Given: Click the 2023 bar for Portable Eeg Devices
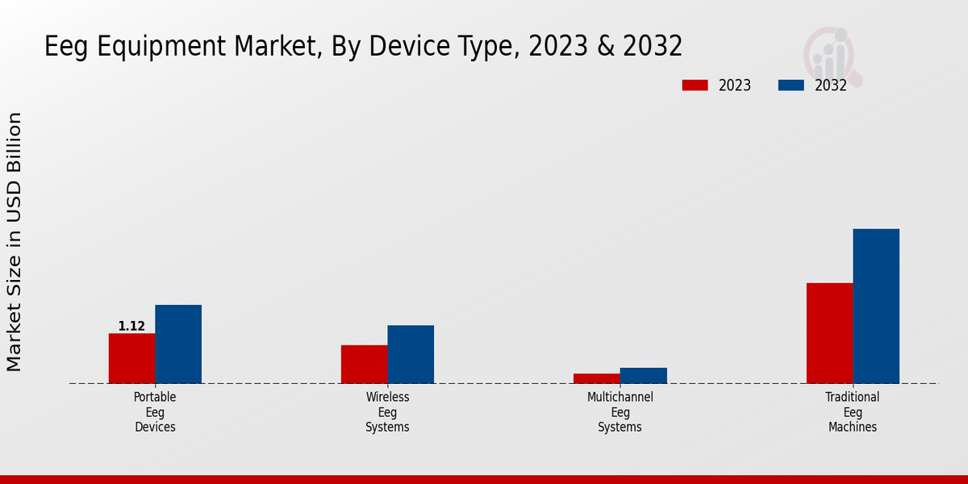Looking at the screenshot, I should [x=131, y=358].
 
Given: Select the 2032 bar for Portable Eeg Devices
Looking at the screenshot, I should [x=178, y=344].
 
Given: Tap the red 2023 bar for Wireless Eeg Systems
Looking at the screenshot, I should [x=364, y=364].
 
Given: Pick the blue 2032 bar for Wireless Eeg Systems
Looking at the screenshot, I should [x=411, y=354].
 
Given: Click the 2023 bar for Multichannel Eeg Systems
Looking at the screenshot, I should [x=597, y=378].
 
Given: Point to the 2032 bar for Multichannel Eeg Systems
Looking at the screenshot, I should [x=644, y=375].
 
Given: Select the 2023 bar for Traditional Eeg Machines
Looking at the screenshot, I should [x=829, y=332].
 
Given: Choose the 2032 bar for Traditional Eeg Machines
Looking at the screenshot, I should [x=876, y=306].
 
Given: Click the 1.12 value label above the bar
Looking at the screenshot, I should [x=131, y=327].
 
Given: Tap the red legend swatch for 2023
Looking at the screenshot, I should [x=695, y=86].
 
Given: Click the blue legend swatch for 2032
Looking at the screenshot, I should [x=791, y=86].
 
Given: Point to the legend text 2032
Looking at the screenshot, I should [x=831, y=86].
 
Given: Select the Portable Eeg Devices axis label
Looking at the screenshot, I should [x=155, y=412].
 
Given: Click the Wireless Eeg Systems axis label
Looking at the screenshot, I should [x=387, y=412].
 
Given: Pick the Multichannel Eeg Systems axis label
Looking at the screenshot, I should [x=620, y=412].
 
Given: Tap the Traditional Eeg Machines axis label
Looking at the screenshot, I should [x=853, y=412].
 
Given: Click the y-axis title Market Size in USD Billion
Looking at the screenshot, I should [x=15, y=242].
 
